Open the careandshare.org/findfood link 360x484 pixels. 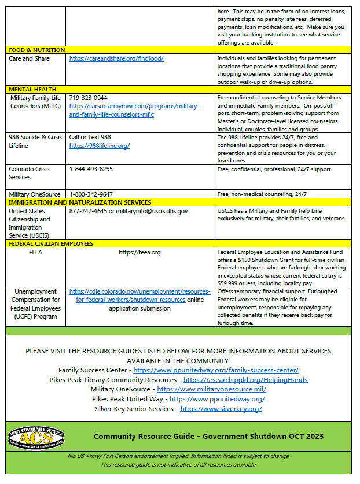point(116,59)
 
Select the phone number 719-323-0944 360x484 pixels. point(88,98)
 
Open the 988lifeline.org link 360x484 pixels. point(99,146)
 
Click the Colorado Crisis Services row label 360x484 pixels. point(29,173)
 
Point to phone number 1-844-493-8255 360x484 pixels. point(91,169)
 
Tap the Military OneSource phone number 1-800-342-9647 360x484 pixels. point(91,194)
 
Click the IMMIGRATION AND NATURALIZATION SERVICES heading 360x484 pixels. point(79,202)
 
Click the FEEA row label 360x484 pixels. point(35,253)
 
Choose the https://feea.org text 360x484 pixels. point(139,253)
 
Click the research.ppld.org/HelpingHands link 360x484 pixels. point(245,380)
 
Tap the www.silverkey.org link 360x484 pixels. point(221,409)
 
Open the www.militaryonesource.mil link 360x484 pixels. point(211,390)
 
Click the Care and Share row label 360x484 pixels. point(29,59)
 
